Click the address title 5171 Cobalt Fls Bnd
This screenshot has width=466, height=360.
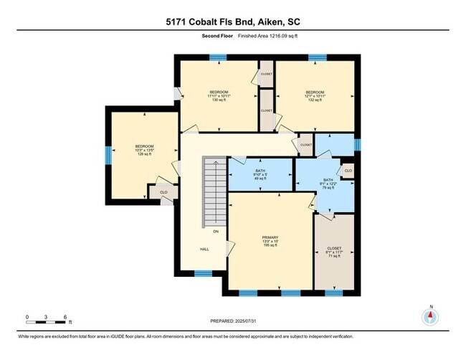click(232, 22)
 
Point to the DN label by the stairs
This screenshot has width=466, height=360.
click(215, 231)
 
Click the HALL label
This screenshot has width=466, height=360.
click(204, 250)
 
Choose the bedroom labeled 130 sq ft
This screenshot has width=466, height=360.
click(219, 96)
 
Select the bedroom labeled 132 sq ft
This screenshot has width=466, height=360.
click(315, 96)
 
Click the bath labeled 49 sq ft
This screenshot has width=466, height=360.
click(260, 174)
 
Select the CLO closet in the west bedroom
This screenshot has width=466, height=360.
click(163, 193)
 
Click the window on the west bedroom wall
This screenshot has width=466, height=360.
click(108, 154)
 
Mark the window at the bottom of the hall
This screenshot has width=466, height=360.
click(203, 273)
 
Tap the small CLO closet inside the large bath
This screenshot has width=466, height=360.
click(348, 171)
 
